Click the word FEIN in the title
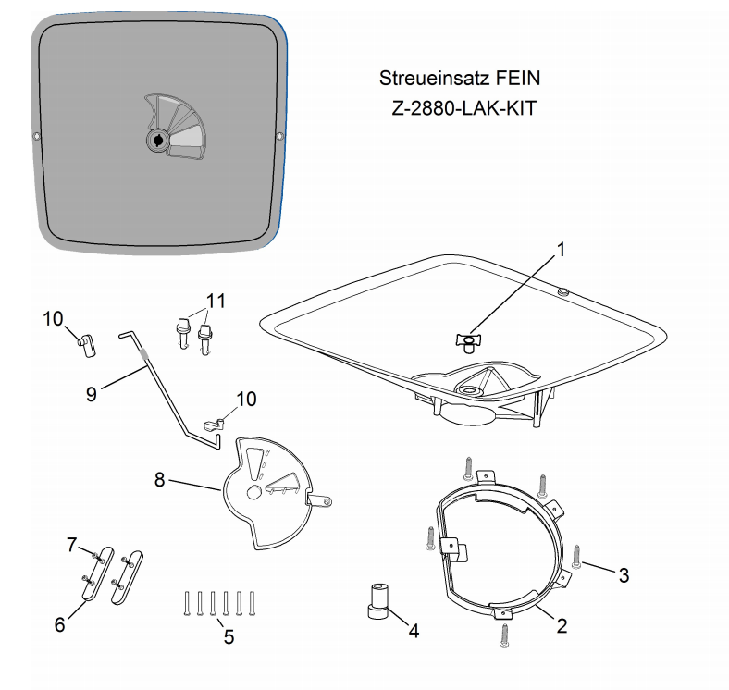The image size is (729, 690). [518, 78]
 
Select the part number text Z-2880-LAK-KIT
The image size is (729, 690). [464, 108]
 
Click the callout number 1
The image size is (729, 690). [562, 250]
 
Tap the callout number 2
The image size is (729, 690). [562, 626]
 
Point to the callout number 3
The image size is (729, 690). [624, 575]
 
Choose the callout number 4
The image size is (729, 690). [414, 631]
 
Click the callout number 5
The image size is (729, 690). [229, 636]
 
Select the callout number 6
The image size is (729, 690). [59, 624]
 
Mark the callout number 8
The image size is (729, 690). [159, 479]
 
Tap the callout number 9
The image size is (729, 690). [91, 394]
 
